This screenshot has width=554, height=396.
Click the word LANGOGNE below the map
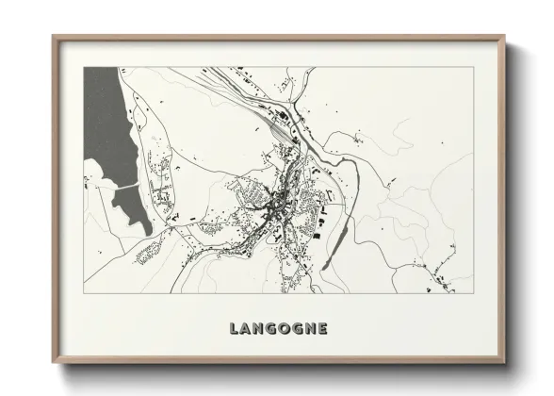pyautogui.click(x=278, y=329)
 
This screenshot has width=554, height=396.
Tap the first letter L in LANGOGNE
pyautogui.click(x=234, y=329)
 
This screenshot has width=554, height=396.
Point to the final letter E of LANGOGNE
pyautogui.click(x=322, y=329)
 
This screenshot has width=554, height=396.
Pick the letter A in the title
pyautogui.click(x=246, y=329)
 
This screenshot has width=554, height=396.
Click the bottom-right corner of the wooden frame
pyautogui.click(x=503, y=361)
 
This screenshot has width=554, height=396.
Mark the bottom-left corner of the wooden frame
pyautogui.click(x=55, y=361)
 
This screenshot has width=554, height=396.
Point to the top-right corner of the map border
pyautogui.click(x=473, y=67)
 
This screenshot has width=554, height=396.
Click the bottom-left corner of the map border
pyautogui.click(x=84, y=293)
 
